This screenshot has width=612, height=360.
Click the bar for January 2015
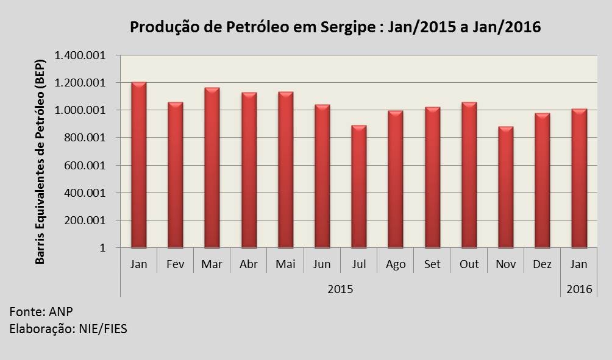tap(138, 165)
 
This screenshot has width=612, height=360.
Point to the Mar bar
tap(212, 168)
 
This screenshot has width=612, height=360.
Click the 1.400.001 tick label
tap(80, 55)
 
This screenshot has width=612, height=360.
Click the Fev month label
tap(175, 265)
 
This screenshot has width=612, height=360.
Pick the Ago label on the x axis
tap(395, 265)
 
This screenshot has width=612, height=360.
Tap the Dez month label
tap(542, 265)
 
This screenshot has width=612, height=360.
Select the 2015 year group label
tap(340, 289)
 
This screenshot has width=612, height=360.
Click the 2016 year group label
tap(578, 289)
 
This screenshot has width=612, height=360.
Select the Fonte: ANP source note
tap(41, 312)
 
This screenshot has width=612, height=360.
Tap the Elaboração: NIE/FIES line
tap(68, 329)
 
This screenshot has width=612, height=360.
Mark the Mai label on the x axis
tap(285, 265)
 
